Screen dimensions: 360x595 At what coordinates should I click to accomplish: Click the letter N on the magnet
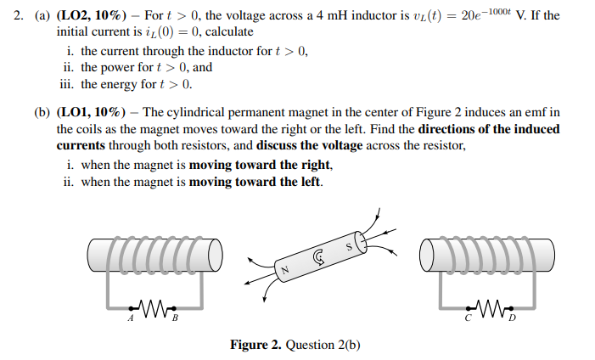(287, 271)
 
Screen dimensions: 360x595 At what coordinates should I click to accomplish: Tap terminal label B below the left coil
(175, 319)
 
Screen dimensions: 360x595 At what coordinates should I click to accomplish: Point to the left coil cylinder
(154, 253)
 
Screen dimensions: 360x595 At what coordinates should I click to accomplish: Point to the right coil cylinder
(486, 253)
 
